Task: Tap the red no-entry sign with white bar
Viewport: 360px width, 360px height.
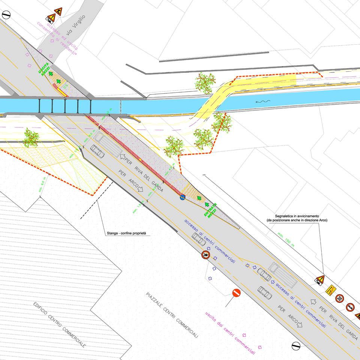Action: click(x=236, y=293)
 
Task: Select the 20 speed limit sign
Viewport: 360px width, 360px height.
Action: click(x=339, y=298)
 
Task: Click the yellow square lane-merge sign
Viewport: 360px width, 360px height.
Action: click(x=330, y=290)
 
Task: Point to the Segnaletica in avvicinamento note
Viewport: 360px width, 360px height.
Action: click(x=296, y=218)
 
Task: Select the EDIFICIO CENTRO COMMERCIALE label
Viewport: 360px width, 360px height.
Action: click(x=60, y=324)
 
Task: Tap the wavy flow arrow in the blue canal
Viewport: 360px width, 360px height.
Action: click(x=260, y=102)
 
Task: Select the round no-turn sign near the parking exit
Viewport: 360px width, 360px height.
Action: click(x=205, y=255)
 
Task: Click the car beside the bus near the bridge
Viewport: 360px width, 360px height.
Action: click(x=97, y=150)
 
